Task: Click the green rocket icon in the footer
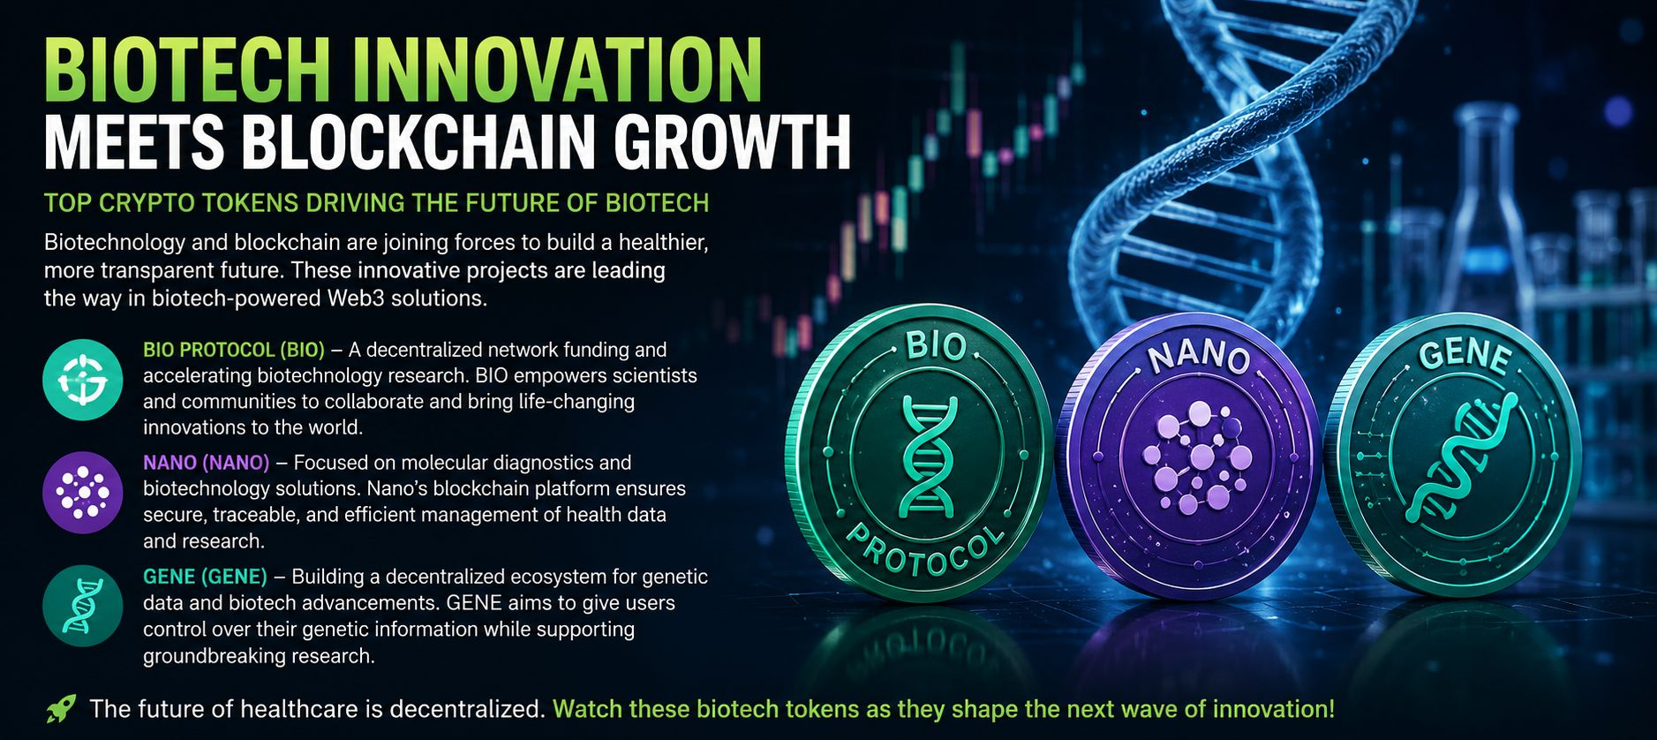60,708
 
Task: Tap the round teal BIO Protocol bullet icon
83,380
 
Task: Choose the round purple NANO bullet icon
83,493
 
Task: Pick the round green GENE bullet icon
83,606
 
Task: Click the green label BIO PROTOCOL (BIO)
234,350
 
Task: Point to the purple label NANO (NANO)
207,463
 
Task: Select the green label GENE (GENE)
205,577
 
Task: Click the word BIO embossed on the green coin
935,345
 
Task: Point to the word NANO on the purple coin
1199,356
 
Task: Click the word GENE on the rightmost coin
1465,355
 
